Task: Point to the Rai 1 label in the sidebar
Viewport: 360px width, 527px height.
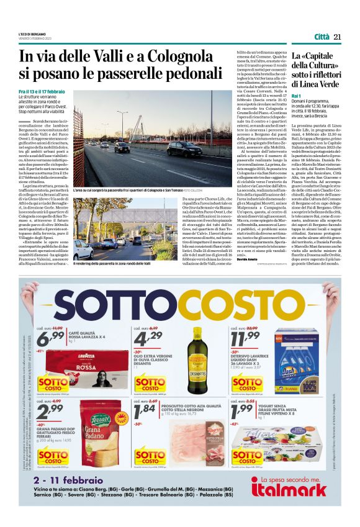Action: [297, 97]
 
